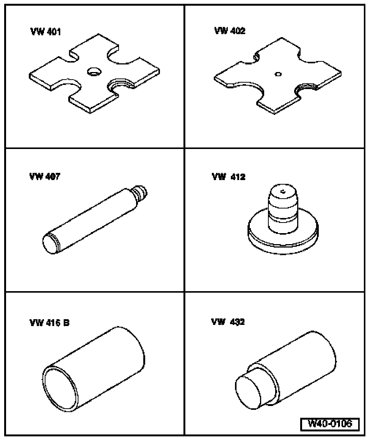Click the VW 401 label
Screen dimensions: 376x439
pyautogui.click(x=45, y=31)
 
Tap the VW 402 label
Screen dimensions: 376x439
pyautogui.click(x=230, y=30)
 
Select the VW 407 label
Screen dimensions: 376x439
pyautogui.click(x=44, y=176)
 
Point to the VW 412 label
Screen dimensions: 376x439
pyautogui.click(x=229, y=177)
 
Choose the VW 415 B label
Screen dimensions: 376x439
pyautogui.click(x=49, y=323)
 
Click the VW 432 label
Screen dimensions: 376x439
pyautogui.click(x=228, y=322)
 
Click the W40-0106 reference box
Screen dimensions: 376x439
pyautogui.click(x=330, y=423)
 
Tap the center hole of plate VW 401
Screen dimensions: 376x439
pyautogui.click(x=94, y=71)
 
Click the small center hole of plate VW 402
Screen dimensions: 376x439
pyautogui.click(x=278, y=74)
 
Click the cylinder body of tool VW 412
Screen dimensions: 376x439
pyautogui.click(x=282, y=209)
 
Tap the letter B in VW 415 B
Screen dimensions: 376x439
pyautogui.click(x=66, y=323)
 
